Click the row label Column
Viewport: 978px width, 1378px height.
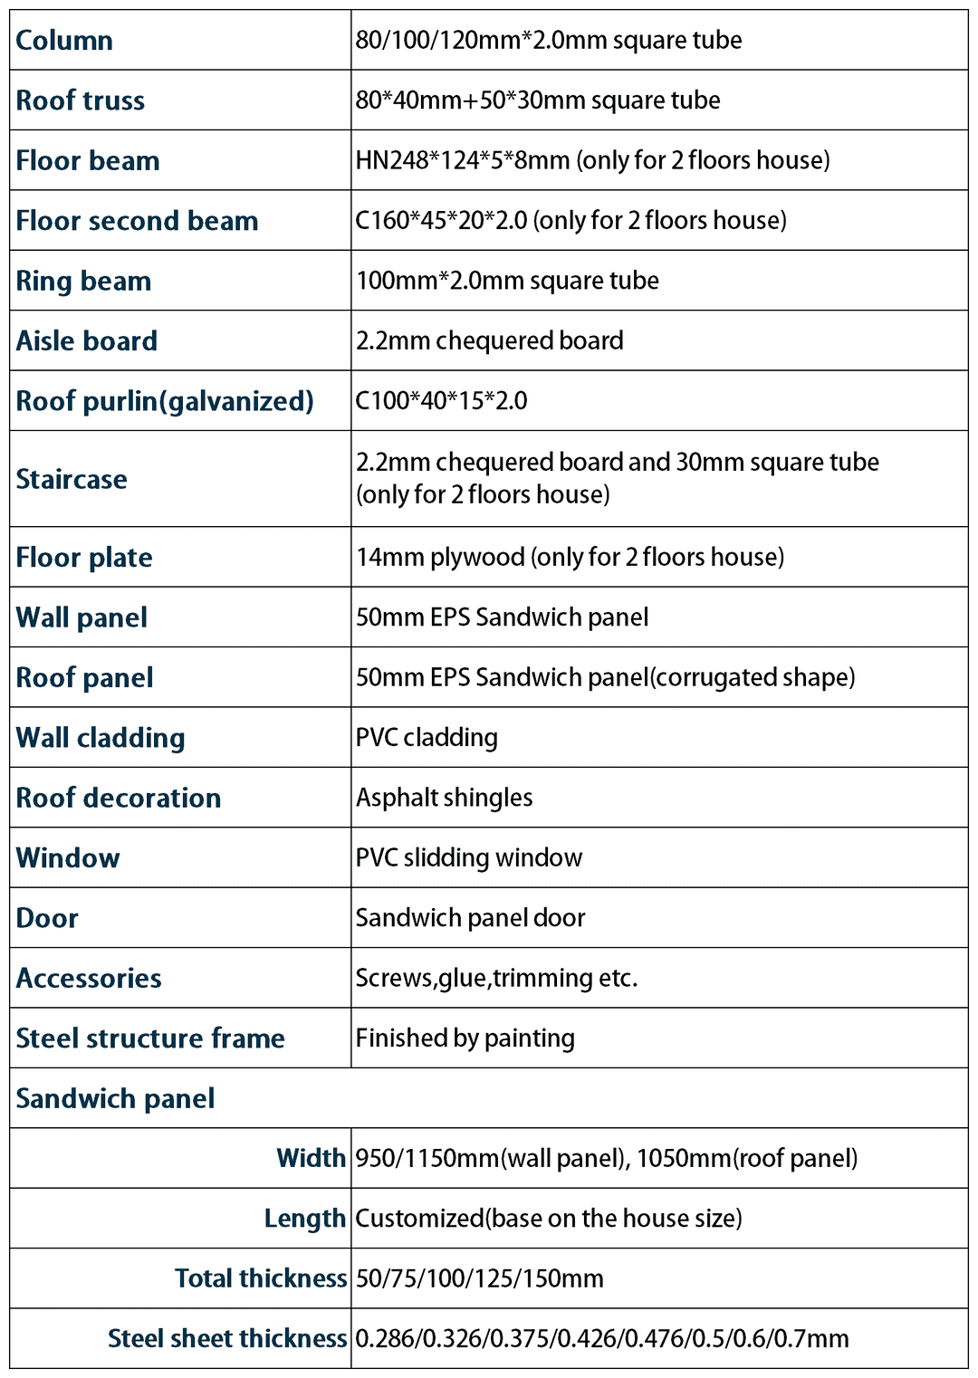pyautogui.click(x=64, y=41)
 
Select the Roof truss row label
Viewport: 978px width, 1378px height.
pyautogui.click(x=81, y=100)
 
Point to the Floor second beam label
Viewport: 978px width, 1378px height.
pyautogui.click(x=137, y=221)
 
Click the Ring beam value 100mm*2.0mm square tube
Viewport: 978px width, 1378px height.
pyautogui.click(x=507, y=281)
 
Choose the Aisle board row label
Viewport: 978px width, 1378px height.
pyautogui.click(x=87, y=341)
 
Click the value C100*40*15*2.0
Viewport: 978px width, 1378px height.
pyautogui.click(x=442, y=401)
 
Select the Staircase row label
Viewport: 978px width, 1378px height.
pyautogui.click(x=72, y=479)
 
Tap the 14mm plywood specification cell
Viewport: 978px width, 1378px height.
pyautogui.click(x=570, y=557)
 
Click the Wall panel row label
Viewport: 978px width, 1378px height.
pyautogui.click(x=81, y=617)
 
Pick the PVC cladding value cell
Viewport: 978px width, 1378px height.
pyautogui.click(x=427, y=738)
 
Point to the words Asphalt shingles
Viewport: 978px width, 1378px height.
pyautogui.click(x=444, y=798)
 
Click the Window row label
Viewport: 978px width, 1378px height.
pyautogui.click(x=68, y=858)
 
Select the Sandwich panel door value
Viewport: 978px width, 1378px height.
pyautogui.click(x=470, y=918)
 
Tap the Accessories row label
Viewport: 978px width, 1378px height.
pyautogui.click(x=89, y=979)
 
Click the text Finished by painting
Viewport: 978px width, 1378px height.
pyautogui.click(x=465, y=1038)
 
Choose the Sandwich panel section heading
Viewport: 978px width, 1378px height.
pyautogui.click(x=115, y=1098)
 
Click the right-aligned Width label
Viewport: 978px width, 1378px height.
pyautogui.click(x=311, y=1158)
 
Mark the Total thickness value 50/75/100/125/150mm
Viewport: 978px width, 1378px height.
pyautogui.click(x=479, y=1278)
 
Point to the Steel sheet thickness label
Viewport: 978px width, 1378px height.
pyautogui.click(x=226, y=1338)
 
